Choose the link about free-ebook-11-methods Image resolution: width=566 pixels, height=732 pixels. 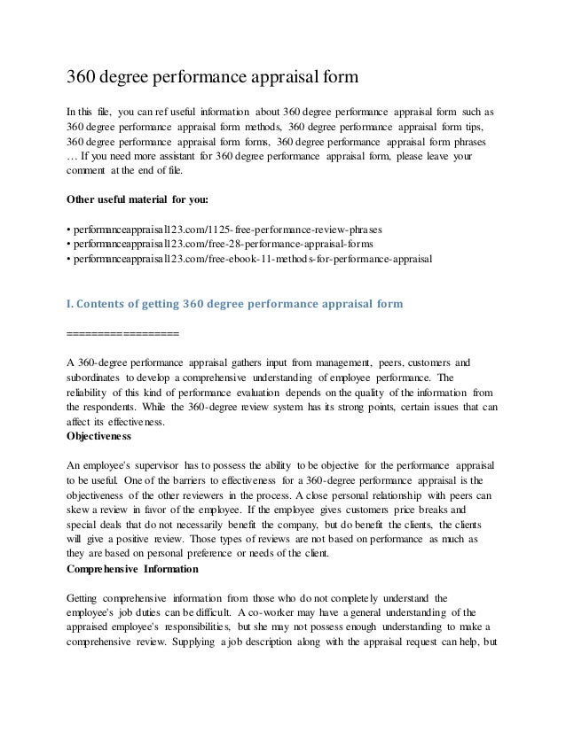[250, 260]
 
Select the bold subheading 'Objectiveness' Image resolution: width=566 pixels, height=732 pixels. [99, 436]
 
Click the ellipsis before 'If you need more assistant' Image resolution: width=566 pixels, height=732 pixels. [73, 156]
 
